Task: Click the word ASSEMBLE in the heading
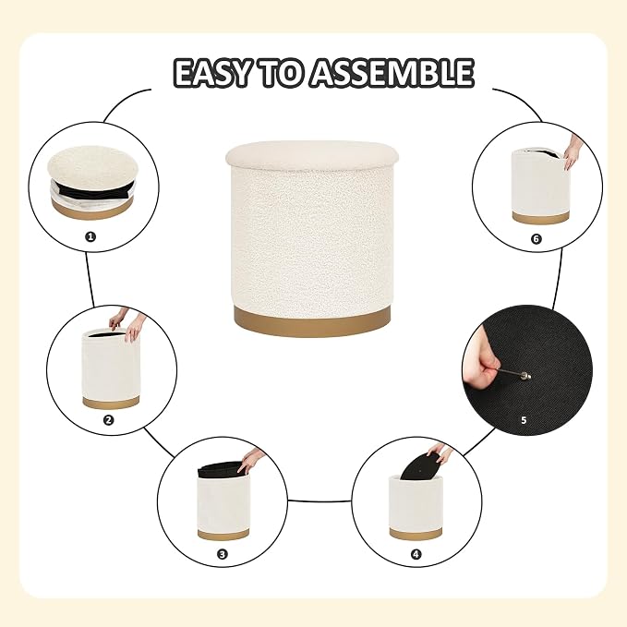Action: pos(392,73)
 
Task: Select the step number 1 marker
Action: pos(90,236)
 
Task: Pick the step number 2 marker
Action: pos(109,420)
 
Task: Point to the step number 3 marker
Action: pos(223,554)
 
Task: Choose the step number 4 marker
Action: pos(416,554)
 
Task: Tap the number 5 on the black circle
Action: pos(524,420)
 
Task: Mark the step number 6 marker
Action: pos(537,239)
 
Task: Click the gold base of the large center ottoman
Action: pos(312,322)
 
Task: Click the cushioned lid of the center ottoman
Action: pos(312,156)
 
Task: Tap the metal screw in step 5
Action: pos(514,373)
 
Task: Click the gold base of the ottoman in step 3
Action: pos(223,534)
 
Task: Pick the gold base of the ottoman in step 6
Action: pos(540,218)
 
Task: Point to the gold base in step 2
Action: pos(111,403)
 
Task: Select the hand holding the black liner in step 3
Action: pos(251,460)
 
